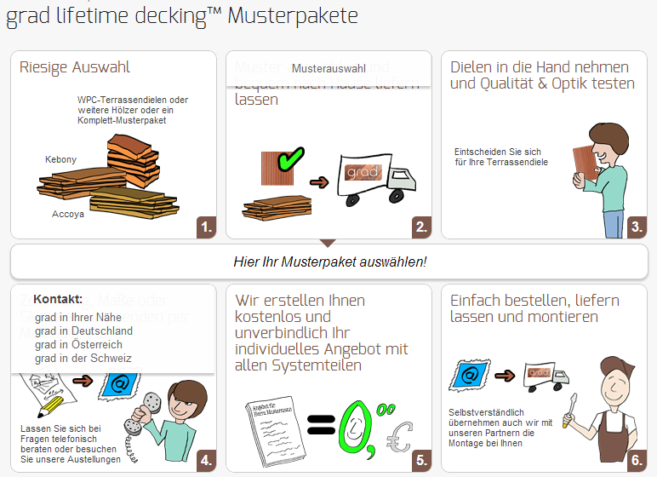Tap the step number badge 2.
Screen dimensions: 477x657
421,227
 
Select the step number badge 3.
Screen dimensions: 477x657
636,227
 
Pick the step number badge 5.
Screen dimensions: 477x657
421,460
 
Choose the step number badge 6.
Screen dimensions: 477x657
636,460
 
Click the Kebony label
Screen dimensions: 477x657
60,159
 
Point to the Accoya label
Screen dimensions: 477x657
68,214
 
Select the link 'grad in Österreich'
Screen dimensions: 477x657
78,344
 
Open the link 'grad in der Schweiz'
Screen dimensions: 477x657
83,358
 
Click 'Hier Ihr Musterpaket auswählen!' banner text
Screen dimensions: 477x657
329,261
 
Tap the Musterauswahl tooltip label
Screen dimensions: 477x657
328,68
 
